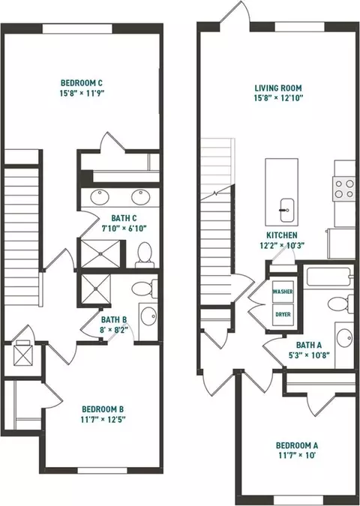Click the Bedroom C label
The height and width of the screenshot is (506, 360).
point(82,83)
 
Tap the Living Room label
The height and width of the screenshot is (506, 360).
point(278,88)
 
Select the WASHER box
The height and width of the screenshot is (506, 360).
point(283,292)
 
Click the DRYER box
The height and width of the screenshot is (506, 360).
point(283,314)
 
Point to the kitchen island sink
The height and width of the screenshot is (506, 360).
point(286,210)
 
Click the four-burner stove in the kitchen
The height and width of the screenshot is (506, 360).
point(344,188)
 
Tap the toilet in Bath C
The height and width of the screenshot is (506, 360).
point(145,254)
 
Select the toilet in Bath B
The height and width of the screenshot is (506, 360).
point(145,289)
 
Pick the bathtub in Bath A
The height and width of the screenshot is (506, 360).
point(329,277)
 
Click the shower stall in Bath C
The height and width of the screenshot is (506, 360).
point(100,253)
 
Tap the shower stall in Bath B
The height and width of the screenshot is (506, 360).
point(96,289)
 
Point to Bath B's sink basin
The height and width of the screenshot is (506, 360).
point(148,316)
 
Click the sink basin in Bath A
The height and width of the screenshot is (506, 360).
point(344,337)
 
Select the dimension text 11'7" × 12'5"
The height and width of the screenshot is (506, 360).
point(103,420)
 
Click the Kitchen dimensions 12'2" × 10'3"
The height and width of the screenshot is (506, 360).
point(282,245)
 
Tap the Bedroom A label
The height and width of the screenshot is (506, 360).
point(297,445)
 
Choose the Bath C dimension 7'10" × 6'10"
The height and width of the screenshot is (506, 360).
point(124,229)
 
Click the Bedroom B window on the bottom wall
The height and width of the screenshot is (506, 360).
point(103,471)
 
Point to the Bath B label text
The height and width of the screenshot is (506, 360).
point(114,320)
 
